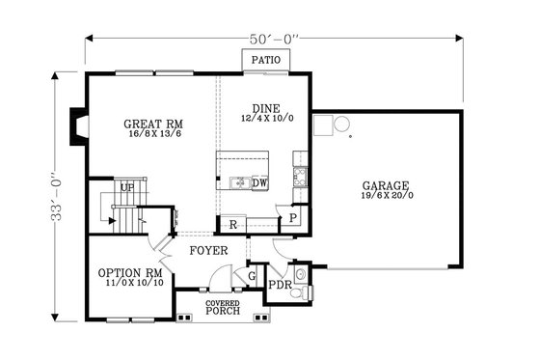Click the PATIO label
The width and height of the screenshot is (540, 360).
point(265,60)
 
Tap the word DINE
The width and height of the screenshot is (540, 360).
point(265,108)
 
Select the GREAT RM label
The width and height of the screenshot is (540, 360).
point(153,124)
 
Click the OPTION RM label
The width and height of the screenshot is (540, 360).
point(128,273)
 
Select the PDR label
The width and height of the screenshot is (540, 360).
point(280,286)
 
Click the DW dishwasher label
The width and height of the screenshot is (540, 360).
point(259,182)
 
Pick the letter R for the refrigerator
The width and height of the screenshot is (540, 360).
point(232,225)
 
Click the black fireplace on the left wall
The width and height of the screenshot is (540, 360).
point(76,126)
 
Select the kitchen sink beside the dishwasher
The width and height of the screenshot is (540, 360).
point(237,182)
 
